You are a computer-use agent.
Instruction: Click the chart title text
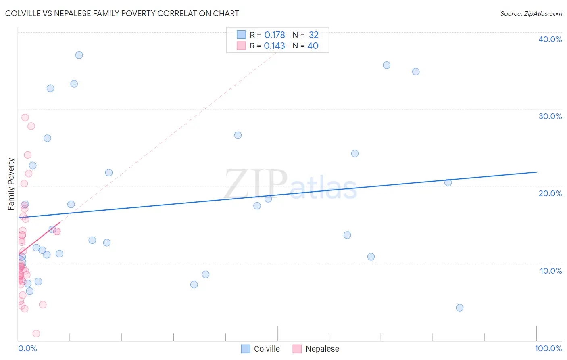122,13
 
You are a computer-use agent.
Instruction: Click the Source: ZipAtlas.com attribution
531,14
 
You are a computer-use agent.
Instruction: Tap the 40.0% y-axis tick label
550,39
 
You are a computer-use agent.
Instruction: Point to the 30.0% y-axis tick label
550,116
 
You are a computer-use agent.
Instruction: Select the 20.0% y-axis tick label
550,193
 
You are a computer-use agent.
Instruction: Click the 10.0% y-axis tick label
550,271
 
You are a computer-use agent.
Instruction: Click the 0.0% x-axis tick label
27,348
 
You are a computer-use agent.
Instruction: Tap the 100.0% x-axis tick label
548,348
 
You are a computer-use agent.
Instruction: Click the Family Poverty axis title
11,184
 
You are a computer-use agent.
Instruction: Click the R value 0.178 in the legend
275,35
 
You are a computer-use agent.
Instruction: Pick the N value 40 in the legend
313,46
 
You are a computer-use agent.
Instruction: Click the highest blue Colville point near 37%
79,55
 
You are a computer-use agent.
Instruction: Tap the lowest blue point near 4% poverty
460,308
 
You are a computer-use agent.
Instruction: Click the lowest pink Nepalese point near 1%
36,333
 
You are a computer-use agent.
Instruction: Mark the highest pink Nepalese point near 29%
25,117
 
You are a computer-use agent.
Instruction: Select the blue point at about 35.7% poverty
386,65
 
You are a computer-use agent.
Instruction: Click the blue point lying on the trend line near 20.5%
448,182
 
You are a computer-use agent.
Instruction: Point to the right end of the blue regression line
536,172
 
